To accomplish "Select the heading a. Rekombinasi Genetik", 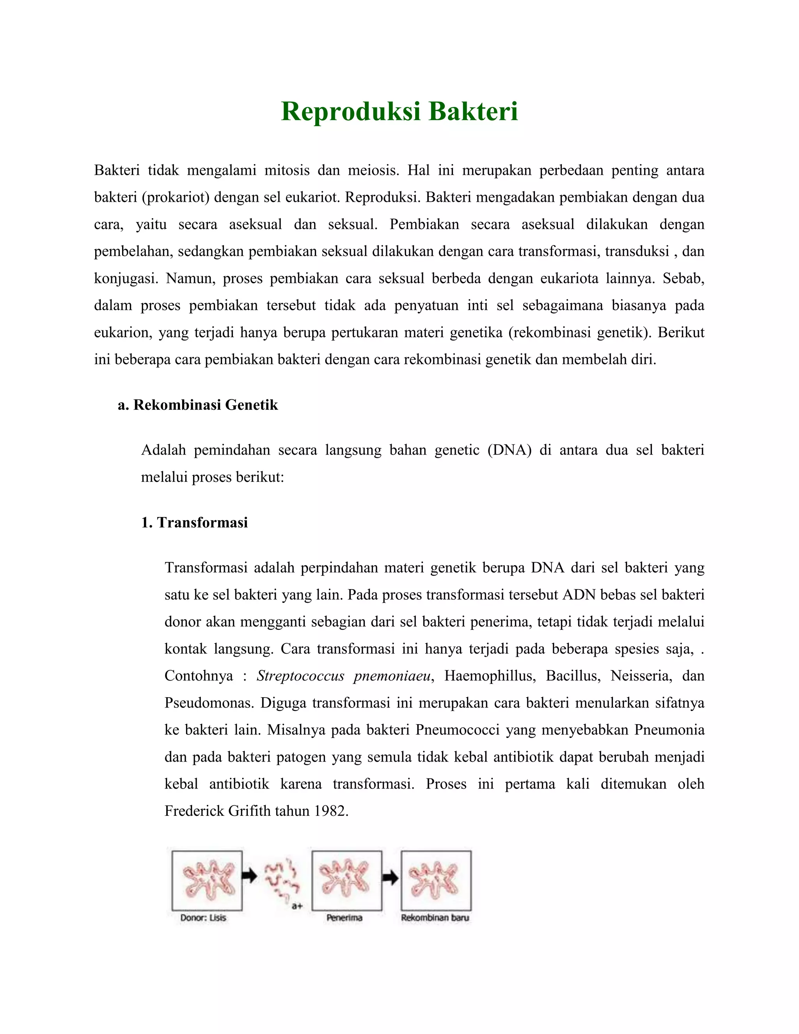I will pyautogui.click(x=198, y=405).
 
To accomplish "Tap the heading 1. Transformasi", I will pyautogui.click(x=195, y=522).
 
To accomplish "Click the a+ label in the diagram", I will pyautogui.click(x=297, y=906).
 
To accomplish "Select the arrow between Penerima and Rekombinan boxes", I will pyautogui.click(x=391, y=878).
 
